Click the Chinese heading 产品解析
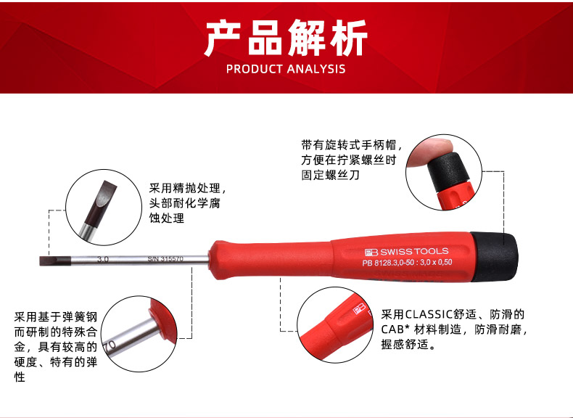(x=286, y=37)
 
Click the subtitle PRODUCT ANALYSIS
(x=286, y=69)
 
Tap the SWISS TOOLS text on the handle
(x=414, y=252)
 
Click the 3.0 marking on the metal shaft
(x=103, y=259)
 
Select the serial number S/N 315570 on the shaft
(x=165, y=259)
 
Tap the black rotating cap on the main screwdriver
(x=494, y=257)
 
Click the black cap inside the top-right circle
(x=449, y=172)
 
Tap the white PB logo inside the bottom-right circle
(x=359, y=309)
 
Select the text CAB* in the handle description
(x=395, y=329)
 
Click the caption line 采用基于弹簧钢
(x=56, y=316)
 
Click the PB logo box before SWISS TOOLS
(x=371, y=253)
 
